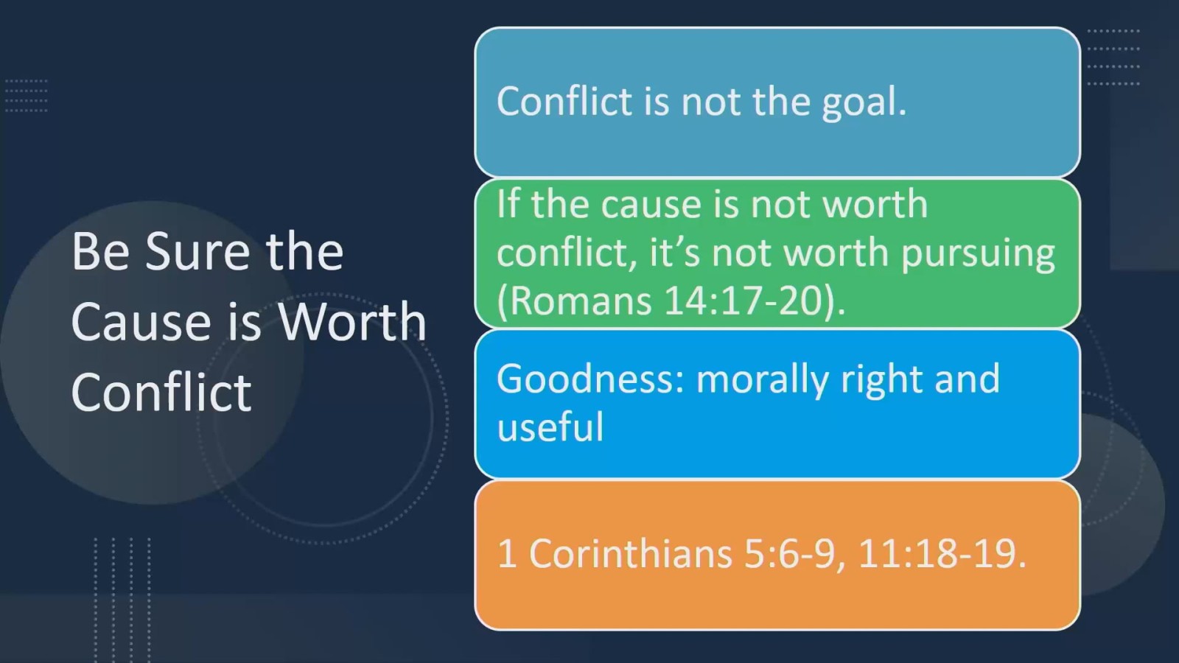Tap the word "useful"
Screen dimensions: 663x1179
[x=550, y=427]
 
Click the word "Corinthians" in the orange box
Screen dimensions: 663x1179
[x=630, y=553]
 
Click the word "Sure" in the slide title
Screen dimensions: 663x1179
[x=197, y=252]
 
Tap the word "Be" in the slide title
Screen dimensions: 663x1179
[x=100, y=252]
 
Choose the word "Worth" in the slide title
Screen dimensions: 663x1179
[x=352, y=322]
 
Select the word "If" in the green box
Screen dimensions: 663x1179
[x=507, y=204]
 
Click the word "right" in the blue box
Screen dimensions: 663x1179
[x=881, y=380]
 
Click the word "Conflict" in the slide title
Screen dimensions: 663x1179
[x=161, y=392]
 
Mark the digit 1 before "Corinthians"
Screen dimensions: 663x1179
[x=506, y=553]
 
